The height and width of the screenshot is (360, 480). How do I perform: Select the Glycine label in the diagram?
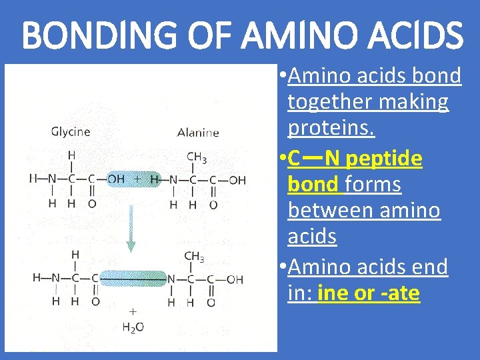click(x=71, y=132)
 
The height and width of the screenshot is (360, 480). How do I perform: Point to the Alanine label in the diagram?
click(x=198, y=133)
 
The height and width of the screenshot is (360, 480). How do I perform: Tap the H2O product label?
click(x=133, y=327)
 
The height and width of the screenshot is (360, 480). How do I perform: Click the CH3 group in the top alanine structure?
click(x=196, y=158)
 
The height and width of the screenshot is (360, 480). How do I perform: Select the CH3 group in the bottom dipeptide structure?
click(x=194, y=257)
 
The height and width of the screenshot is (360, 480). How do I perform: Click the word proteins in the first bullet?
click(x=331, y=127)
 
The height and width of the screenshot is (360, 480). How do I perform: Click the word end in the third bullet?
click(x=429, y=267)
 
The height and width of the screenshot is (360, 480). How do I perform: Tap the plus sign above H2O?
click(x=133, y=311)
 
